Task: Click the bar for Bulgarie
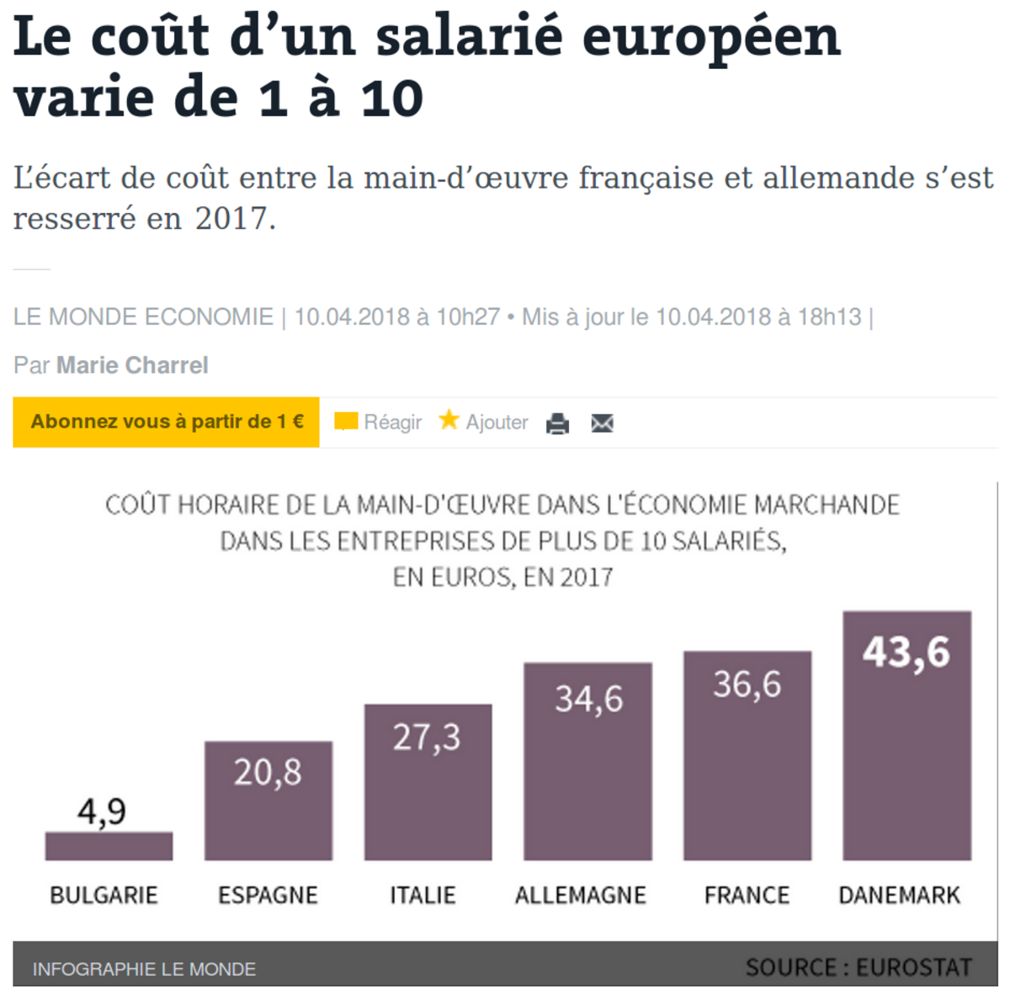pyautogui.click(x=109, y=845)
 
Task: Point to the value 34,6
pyautogui.click(x=588, y=699)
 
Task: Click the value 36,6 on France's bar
pyautogui.click(x=747, y=684)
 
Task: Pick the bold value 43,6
pyautogui.click(x=906, y=652)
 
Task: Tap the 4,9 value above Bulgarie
pyautogui.click(x=102, y=812)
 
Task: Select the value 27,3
pyautogui.click(x=427, y=738)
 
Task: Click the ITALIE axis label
pyautogui.click(x=423, y=895)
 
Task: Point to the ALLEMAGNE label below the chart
pyautogui.click(x=581, y=895)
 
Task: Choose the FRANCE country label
pyautogui.click(x=747, y=895)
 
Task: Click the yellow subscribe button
pyautogui.click(x=167, y=422)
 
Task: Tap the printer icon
pyautogui.click(x=557, y=423)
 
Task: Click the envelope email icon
pyautogui.click(x=603, y=423)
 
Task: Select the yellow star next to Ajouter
pyautogui.click(x=449, y=419)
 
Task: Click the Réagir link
pyautogui.click(x=392, y=422)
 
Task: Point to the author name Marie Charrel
pyautogui.click(x=132, y=365)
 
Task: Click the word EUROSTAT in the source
pyautogui.click(x=913, y=967)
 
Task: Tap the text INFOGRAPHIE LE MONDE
pyautogui.click(x=144, y=969)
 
